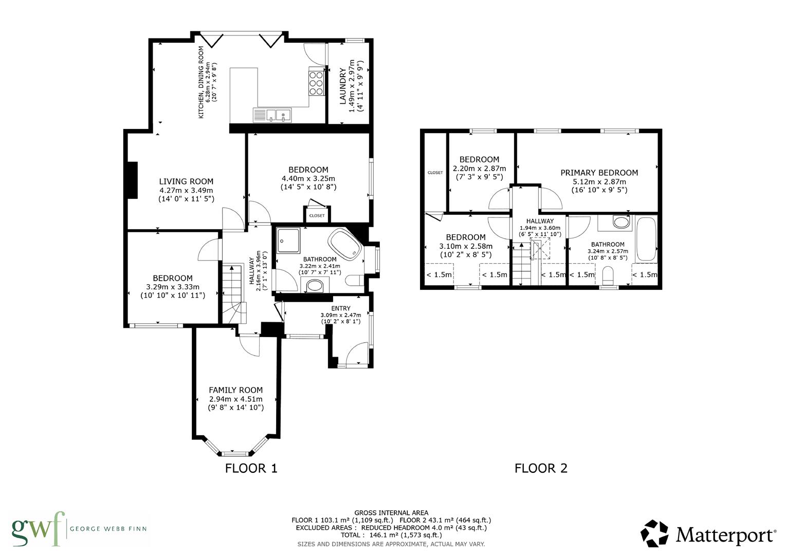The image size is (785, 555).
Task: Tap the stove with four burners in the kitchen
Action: (x=316, y=82)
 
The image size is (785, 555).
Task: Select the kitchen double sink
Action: (x=272, y=115)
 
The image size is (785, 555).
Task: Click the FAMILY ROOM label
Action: (x=235, y=390)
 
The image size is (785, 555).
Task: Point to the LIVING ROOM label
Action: (x=186, y=181)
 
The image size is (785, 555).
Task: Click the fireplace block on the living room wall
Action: (x=133, y=180)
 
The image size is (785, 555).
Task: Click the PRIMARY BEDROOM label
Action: (x=599, y=173)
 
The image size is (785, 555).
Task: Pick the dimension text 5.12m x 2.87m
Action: (x=599, y=181)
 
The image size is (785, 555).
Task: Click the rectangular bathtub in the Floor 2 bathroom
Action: (x=646, y=239)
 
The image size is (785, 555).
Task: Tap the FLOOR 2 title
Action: (x=541, y=468)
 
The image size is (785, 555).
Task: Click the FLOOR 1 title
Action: (x=251, y=468)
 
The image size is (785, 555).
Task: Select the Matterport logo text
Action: (x=725, y=535)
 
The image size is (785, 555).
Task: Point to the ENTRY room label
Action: (x=340, y=308)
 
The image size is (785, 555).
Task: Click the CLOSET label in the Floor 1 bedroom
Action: (x=317, y=216)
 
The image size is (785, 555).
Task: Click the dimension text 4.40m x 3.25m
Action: (x=308, y=178)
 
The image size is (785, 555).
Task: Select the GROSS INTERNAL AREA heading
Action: (x=391, y=512)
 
